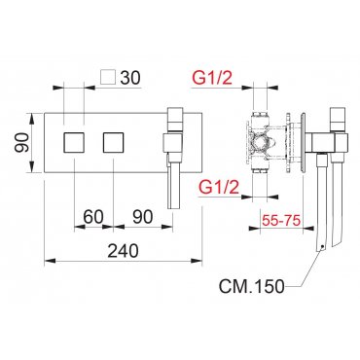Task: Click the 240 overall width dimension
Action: [x=123, y=251]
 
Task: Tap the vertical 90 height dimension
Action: [x=22, y=143]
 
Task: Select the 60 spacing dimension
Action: [x=92, y=216]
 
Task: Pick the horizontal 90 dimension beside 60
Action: [x=142, y=216]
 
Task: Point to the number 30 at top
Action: [x=130, y=78]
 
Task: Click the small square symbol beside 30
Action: [x=108, y=78]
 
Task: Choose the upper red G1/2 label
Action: [x=212, y=78]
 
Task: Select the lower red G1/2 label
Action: [x=219, y=187]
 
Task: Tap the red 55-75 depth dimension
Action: [x=281, y=221]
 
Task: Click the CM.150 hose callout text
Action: [x=252, y=286]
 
